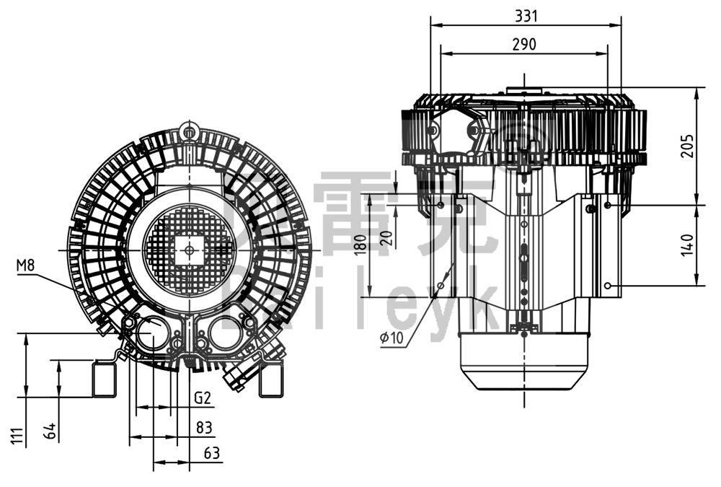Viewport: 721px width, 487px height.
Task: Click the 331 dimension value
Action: [526, 14]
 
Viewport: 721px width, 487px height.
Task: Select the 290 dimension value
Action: [524, 43]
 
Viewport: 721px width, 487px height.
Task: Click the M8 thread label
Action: [26, 265]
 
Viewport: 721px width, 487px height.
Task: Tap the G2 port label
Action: [202, 398]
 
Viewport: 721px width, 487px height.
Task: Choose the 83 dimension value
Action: [205, 428]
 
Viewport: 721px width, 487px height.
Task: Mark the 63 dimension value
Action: [212, 454]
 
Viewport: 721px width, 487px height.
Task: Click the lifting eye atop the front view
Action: [190, 132]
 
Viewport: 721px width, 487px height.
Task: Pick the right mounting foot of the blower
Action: [271, 379]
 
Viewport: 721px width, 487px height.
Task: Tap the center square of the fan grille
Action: [189, 250]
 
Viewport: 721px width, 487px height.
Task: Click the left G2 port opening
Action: [152, 335]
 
